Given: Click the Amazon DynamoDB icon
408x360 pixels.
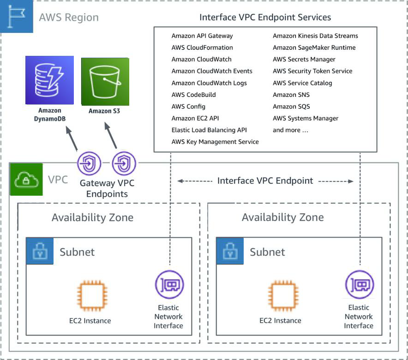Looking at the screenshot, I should coord(49,80).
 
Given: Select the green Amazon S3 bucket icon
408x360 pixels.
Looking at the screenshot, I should coord(105,81).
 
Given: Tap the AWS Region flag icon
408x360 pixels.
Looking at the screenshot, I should coord(17,17).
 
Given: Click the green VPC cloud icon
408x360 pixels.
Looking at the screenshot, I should coord(26,179).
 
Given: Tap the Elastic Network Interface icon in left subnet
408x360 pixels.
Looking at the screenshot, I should coord(169,285).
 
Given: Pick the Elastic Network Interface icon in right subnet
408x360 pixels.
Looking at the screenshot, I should coord(360,285).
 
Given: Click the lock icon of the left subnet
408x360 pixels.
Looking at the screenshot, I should coord(40,251).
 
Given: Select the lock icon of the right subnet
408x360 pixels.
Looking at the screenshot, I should coord(230,251).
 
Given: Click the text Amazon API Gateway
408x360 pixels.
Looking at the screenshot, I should coord(202,36).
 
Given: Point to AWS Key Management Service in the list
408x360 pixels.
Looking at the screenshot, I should coord(215,142).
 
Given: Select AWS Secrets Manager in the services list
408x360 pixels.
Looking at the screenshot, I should coord(304,59).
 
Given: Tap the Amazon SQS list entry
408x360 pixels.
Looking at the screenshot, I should coord(291,107).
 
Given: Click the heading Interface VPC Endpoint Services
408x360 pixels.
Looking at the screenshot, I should coord(265,18).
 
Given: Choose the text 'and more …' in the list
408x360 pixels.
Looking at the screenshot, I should coord(290,130).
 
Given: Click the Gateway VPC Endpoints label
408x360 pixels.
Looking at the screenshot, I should coord(107,188).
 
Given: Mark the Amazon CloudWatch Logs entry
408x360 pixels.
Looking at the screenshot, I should coord(209,83).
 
